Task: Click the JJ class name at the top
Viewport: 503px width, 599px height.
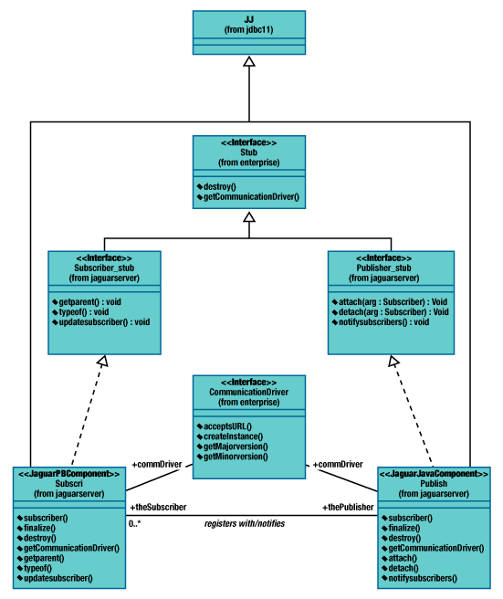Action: (x=249, y=19)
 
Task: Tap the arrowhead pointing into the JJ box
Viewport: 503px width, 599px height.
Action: (x=249, y=61)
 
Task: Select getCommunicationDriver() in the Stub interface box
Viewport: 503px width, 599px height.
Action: (x=251, y=197)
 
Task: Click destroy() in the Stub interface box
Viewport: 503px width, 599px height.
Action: (x=220, y=187)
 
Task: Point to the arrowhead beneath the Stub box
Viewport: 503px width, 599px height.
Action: (x=249, y=217)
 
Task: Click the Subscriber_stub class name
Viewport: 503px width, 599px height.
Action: (x=104, y=268)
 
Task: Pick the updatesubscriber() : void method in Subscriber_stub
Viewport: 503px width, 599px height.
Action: (x=104, y=322)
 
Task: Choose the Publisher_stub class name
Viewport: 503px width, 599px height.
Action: (x=383, y=268)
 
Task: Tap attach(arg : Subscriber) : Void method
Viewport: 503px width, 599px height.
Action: (x=393, y=302)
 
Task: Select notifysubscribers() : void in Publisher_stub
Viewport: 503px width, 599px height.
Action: (x=383, y=322)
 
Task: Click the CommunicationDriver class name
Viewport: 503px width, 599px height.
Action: (x=248, y=392)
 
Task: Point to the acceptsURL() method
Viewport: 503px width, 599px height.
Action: (x=227, y=426)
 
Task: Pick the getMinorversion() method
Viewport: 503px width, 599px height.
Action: (x=236, y=457)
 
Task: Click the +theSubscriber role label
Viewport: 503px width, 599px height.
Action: (x=158, y=508)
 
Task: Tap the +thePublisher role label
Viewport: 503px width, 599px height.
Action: (x=348, y=508)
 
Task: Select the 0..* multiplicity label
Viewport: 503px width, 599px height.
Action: (x=134, y=524)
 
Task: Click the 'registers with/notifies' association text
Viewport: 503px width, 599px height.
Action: (x=245, y=524)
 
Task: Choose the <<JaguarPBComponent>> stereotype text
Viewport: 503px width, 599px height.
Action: (x=69, y=474)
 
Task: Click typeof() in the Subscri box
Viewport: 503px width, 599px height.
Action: (x=37, y=569)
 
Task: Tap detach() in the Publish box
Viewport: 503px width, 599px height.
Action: (x=403, y=569)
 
